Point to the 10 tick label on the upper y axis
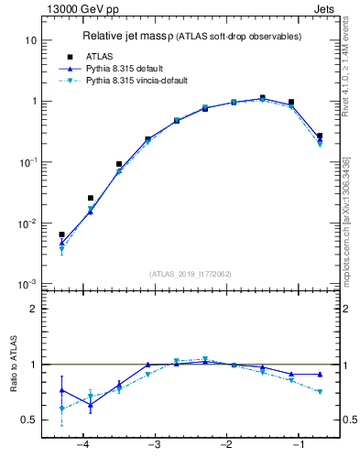[30, 40]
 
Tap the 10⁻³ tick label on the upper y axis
[27, 283]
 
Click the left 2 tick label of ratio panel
[33, 309]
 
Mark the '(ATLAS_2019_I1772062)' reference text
[190, 274]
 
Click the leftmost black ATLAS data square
[61, 234]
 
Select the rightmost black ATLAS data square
[320, 136]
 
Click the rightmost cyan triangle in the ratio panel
[320, 392]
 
